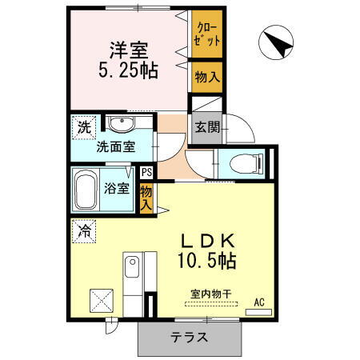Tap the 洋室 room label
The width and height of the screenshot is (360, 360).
pyautogui.click(x=126, y=48)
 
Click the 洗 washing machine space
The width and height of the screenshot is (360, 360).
pyautogui.click(x=83, y=126)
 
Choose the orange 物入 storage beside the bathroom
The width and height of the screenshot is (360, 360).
pyautogui.click(x=146, y=197)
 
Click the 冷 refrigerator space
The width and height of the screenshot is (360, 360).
pyautogui.click(x=84, y=230)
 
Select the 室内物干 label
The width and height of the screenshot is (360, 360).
pyautogui.click(x=210, y=294)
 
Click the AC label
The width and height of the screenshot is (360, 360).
pyautogui.click(x=258, y=302)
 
